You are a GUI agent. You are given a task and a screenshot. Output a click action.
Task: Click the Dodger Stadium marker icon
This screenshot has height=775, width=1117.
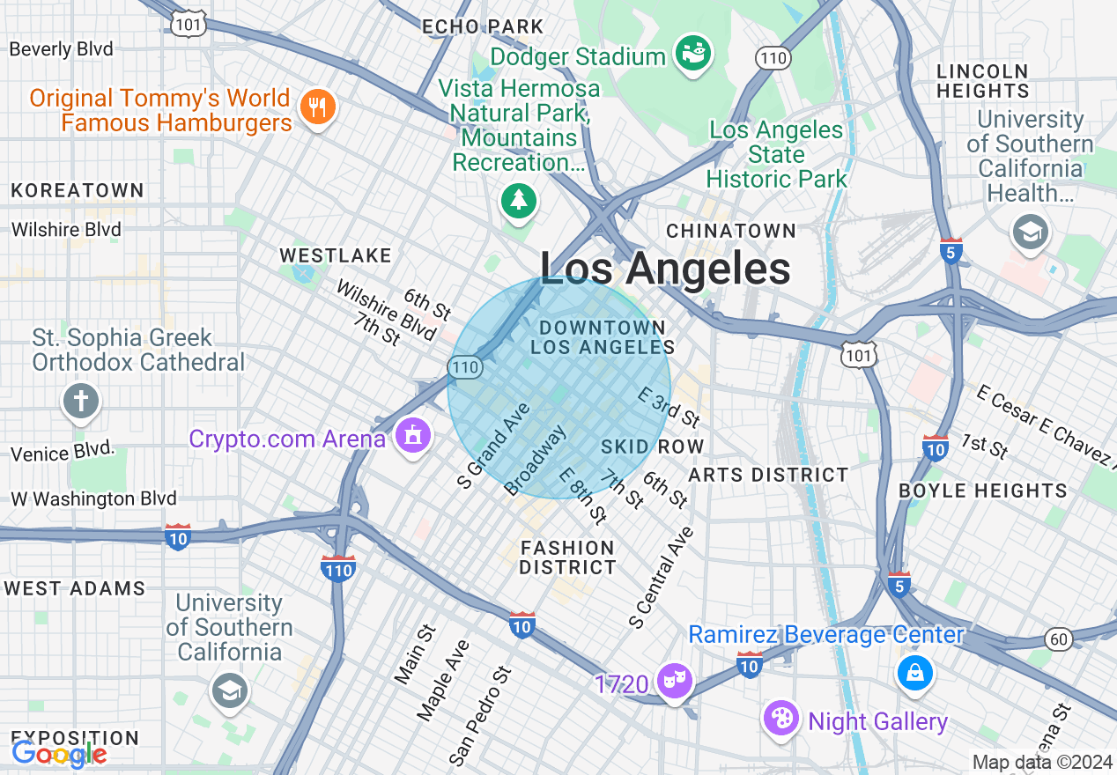(x=693, y=55)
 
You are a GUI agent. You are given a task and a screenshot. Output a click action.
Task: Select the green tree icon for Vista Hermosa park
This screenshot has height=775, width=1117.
(x=519, y=201)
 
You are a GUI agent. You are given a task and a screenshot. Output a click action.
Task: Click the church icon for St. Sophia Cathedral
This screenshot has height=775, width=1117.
(x=81, y=402)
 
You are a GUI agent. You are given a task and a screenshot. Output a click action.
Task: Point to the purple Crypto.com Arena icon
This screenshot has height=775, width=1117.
(x=411, y=436)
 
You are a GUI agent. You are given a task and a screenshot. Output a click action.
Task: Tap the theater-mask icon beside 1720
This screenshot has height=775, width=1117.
(x=674, y=682)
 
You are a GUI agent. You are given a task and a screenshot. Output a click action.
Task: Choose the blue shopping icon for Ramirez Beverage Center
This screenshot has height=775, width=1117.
(x=915, y=673)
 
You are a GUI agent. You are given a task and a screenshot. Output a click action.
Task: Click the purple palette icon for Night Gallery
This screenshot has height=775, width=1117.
(x=781, y=718)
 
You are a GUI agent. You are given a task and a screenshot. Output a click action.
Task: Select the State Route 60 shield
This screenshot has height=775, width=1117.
(x=1058, y=638)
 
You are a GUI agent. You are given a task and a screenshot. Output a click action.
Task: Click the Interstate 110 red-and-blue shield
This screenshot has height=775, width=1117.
(x=338, y=567)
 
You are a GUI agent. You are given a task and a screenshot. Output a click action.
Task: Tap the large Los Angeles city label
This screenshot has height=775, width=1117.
(x=665, y=269)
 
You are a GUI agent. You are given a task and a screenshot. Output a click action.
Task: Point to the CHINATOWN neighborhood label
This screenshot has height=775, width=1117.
(x=731, y=231)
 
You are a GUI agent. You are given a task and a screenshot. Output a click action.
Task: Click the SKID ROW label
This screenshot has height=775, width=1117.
(x=652, y=447)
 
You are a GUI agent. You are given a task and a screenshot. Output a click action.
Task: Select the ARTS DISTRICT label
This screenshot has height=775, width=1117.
(x=768, y=476)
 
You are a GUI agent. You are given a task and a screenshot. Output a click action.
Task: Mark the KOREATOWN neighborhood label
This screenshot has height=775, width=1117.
(x=78, y=190)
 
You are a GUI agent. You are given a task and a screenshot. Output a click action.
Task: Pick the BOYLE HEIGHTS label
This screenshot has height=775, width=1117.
(x=982, y=491)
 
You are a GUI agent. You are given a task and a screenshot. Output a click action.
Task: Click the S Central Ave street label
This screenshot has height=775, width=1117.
(x=662, y=578)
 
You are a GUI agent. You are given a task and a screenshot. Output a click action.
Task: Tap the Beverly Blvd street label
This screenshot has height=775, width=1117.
(x=62, y=49)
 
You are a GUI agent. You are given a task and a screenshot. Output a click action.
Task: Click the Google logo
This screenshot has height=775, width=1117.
(x=59, y=754)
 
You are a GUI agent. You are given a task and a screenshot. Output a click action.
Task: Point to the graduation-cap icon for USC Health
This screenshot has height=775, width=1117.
(x=1029, y=232)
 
